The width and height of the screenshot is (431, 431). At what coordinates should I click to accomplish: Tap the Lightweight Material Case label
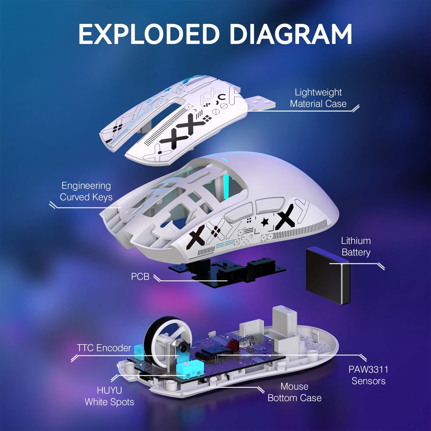[318, 98]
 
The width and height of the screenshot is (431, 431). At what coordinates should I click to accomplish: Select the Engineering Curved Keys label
[86, 191]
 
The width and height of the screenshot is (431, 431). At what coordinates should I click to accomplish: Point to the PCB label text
[140, 276]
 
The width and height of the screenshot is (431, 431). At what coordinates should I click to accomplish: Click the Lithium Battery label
[356, 247]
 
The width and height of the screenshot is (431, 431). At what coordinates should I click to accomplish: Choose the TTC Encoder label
[104, 348]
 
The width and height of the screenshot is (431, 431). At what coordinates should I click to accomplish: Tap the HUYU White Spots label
[109, 396]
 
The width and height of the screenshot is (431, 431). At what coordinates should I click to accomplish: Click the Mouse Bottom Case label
[294, 392]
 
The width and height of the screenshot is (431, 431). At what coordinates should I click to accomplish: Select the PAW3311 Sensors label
[368, 375]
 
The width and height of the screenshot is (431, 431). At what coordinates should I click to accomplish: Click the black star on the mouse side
[265, 222]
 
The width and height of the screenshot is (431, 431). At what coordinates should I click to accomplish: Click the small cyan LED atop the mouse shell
[224, 160]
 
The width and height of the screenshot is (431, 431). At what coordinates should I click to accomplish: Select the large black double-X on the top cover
[184, 134]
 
